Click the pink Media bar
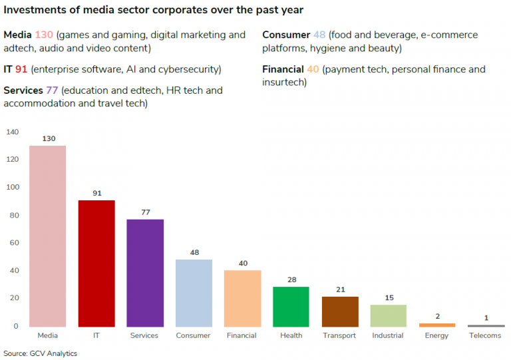coord(47,236)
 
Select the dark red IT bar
coord(96,263)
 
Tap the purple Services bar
coord(145,273)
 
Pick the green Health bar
coord(291,307)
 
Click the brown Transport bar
coord(340,311)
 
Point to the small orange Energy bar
coord(437,325)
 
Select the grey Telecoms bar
coord(486,326)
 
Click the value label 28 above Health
coord(291,279)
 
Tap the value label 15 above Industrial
coord(389,297)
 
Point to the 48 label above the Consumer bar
coord(194,252)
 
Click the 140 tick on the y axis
coord(13,132)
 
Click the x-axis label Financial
coord(242,335)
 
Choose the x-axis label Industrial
coord(388,335)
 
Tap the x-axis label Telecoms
coord(485,335)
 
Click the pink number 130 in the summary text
coord(44,35)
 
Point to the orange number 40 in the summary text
coord(313,69)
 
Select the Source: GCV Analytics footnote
coord(40,353)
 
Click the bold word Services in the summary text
coord(23,90)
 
